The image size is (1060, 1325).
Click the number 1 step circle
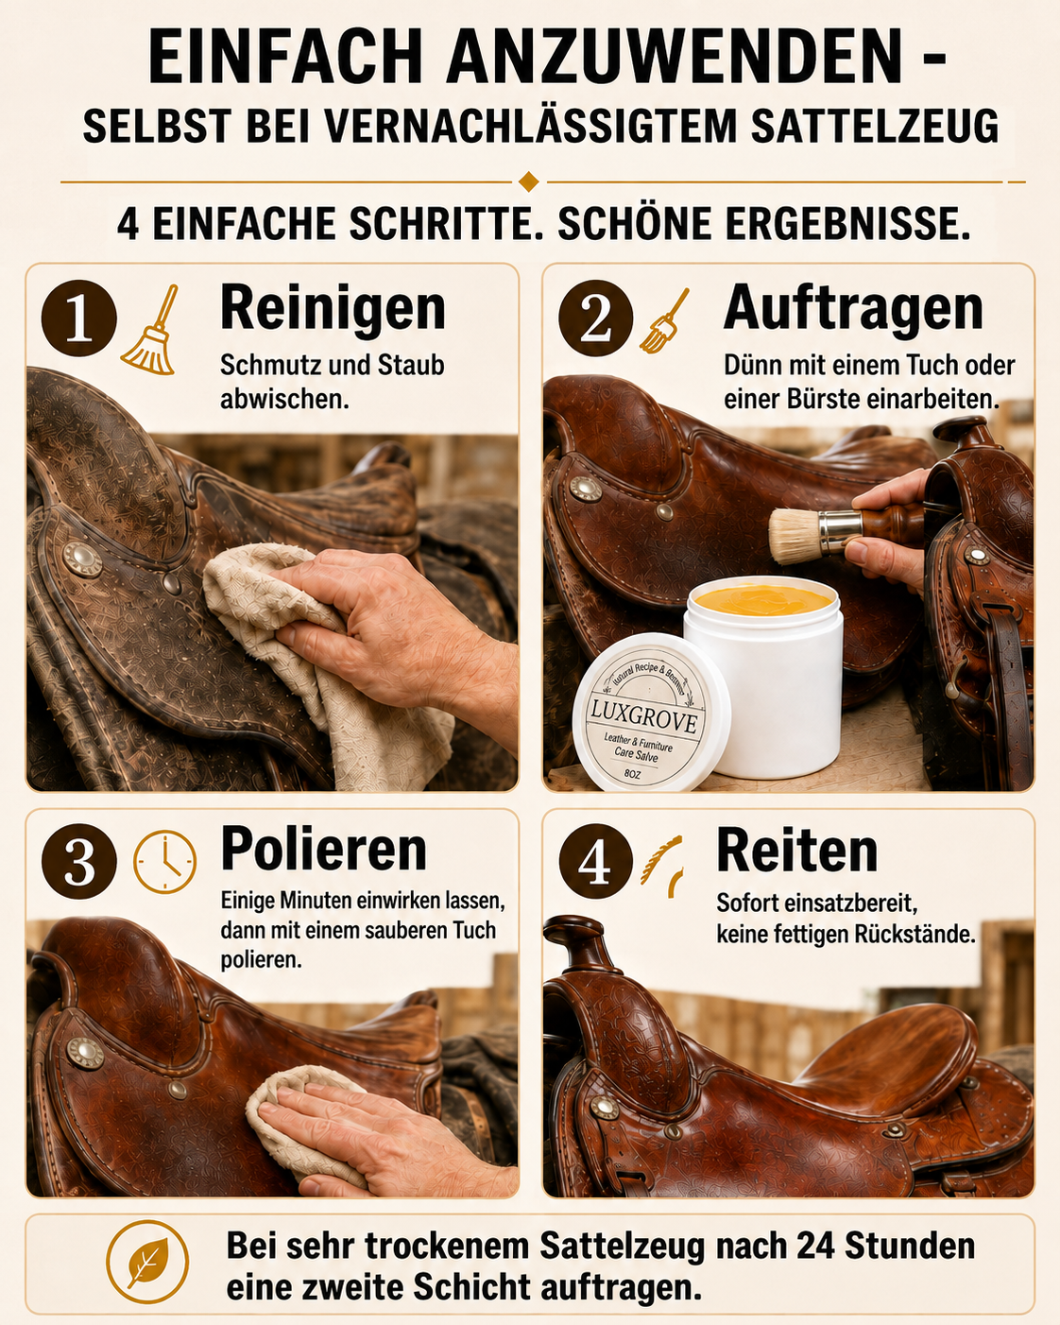click(78, 318)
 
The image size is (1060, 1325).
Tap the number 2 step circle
click(596, 318)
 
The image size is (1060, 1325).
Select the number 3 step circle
click(78, 861)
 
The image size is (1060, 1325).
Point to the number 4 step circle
click(596, 861)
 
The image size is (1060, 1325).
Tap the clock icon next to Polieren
click(165, 862)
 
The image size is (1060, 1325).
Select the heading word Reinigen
click(333, 308)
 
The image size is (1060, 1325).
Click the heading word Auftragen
click(853, 309)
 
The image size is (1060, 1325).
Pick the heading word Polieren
click(324, 850)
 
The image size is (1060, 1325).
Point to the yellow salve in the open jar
click(763, 600)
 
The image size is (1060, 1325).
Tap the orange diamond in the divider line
click(529, 182)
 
